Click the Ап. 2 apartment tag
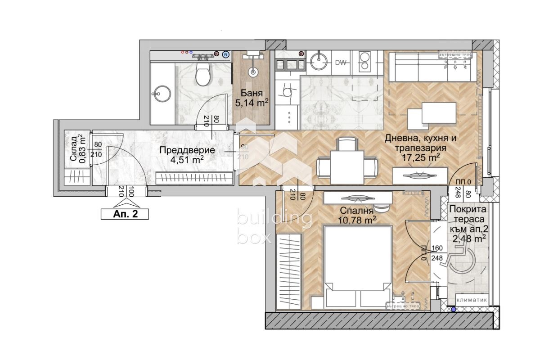(x=124, y=214)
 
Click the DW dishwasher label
(x=340, y=63)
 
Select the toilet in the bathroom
(x=203, y=75)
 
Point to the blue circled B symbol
(x=226, y=54)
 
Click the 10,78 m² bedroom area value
(x=357, y=220)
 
